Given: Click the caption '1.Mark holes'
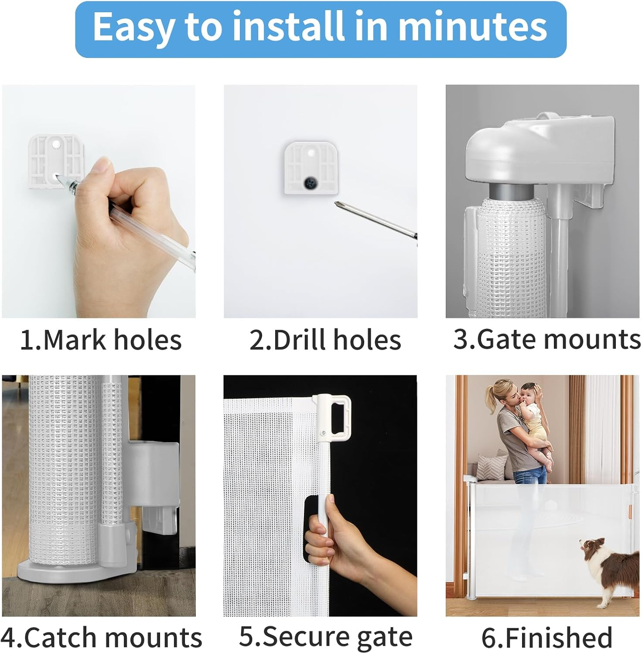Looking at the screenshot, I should click(x=101, y=340).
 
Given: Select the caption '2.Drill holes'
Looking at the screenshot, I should click(x=325, y=340).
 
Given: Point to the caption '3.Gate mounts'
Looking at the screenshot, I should click(x=547, y=339).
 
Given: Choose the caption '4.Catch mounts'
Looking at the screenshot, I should click(x=101, y=637).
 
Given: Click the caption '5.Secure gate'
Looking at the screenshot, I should click(x=325, y=637).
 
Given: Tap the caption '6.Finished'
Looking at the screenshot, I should click(x=547, y=637).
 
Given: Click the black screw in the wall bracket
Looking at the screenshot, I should click(x=312, y=182).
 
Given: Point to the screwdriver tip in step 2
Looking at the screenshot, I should click(x=338, y=204).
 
